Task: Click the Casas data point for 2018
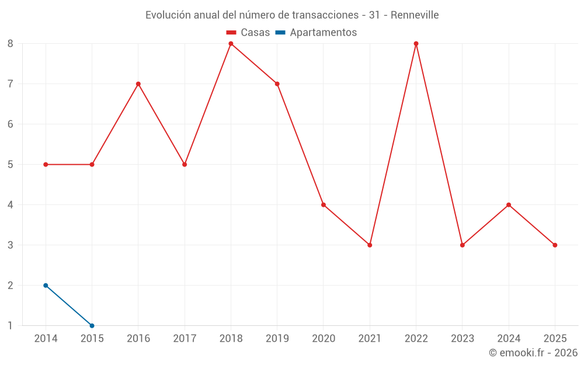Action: click(x=231, y=44)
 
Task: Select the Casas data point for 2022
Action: click(x=416, y=44)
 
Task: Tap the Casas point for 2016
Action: click(x=138, y=84)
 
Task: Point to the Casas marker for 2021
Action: click(x=370, y=245)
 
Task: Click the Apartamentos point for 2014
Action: click(x=46, y=286)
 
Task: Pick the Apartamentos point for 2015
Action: click(x=92, y=326)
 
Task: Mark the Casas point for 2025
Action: click(x=555, y=245)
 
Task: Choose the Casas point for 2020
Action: click(x=324, y=205)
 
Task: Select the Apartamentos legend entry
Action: click(x=316, y=33)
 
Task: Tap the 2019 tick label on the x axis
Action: click(x=277, y=339)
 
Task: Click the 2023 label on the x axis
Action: click(x=463, y=339)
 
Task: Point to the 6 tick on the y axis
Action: click(x=11, y=124)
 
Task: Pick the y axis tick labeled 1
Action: click(x=11, y=326)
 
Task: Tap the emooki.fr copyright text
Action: click(x=533, y=353)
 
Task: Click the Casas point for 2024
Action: click(x=509, y=205)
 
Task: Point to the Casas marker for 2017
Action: click(x=185, y=165)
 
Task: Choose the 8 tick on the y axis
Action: click(x=11, y=44)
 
